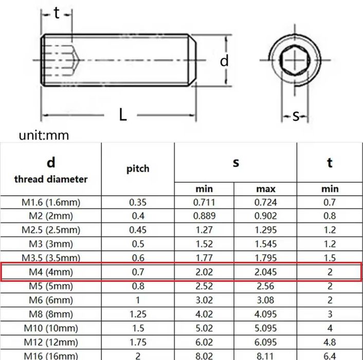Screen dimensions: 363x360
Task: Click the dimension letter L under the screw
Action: (x=123, y=115)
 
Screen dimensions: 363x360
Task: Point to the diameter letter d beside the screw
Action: (x=224, y=61)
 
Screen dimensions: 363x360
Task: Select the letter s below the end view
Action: (x=296, y=116)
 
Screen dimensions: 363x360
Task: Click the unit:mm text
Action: (x=44, y=135)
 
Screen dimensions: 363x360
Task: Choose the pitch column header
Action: (x=138, y=169)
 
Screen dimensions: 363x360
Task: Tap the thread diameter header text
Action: (x=51, y=179)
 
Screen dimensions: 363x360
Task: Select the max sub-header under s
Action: (x=265, y=189)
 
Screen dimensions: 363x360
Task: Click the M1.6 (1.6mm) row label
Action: (x=51, y=202)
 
